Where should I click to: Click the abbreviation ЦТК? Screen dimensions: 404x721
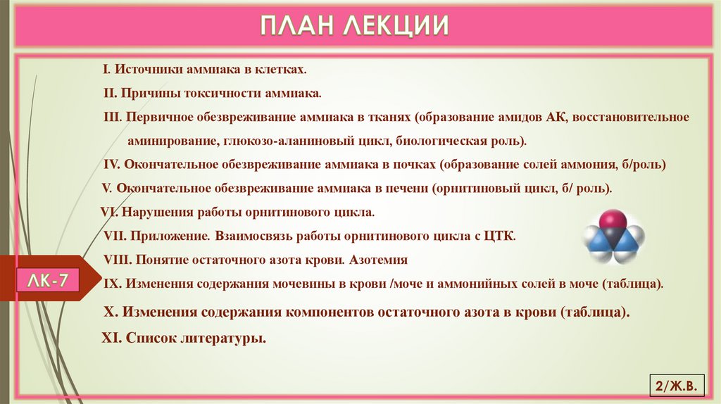pyautogui.click(x=500, y=235)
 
